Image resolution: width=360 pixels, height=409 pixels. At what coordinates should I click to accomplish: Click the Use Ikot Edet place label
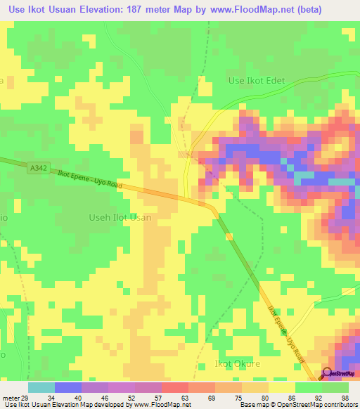[x=257, y=81]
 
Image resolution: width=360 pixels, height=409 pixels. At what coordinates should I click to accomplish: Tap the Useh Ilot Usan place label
[x=120, y=218]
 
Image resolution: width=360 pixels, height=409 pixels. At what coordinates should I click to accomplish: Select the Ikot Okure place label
[x=237, y=364]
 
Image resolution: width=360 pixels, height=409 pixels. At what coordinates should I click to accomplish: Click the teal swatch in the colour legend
[x=41, y=387]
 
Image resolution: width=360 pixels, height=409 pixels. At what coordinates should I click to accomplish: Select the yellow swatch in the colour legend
[x=282, y=387]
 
